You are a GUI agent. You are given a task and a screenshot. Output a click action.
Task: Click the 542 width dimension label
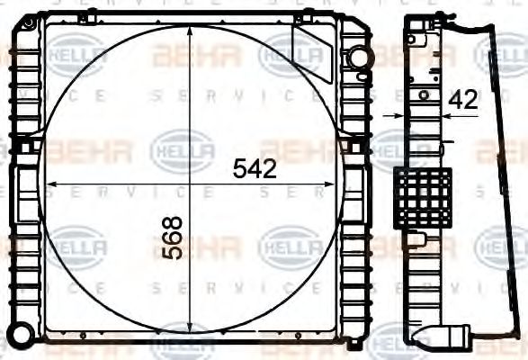click(x=254, y=167)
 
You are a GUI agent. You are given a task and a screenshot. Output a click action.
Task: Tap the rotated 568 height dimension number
click(x=173, y=238)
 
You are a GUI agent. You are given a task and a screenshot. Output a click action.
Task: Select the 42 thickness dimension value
click(x=462, y=100)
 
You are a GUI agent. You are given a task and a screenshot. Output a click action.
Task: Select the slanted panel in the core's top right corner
click(x=311, y=50)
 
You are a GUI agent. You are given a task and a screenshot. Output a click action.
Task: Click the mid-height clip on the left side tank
click(x=26, y=146)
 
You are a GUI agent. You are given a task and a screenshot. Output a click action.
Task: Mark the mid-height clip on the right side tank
click(x=356, y=146)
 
